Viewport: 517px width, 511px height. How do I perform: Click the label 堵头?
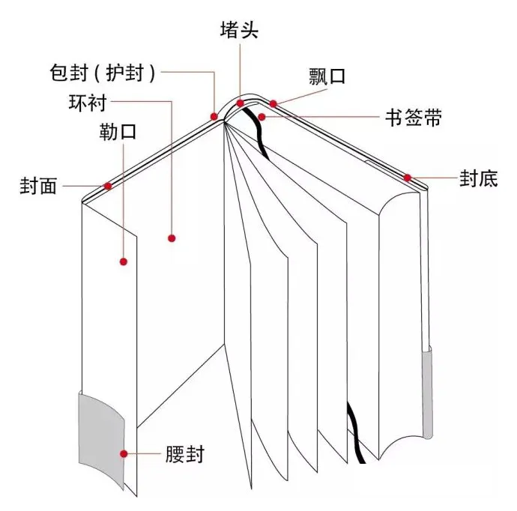tap(240, 30)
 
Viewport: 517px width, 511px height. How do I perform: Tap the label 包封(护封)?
tap(102, 73)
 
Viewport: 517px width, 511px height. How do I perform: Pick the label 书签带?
tap(413, 118)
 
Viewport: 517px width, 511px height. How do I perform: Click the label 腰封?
tap(184, 454)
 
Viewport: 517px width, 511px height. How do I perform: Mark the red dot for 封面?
tap(109, 185)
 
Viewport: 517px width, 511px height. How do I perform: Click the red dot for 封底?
tap(408, 178)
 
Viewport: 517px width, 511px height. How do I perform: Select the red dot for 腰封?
tap(124, 453)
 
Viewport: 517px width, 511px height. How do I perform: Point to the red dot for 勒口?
tap(124, 261)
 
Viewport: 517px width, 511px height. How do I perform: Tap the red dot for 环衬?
tap(172, 238)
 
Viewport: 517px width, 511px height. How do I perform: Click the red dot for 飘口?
tap(273, 103)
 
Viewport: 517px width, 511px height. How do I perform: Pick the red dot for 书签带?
tap(261, 116)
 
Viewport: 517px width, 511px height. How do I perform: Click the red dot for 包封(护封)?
tap(215, 116)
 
